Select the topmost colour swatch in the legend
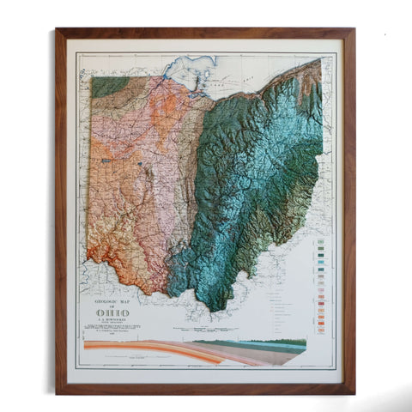[319, 241]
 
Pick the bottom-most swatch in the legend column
[319, 330]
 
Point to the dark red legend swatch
[319, 303]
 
